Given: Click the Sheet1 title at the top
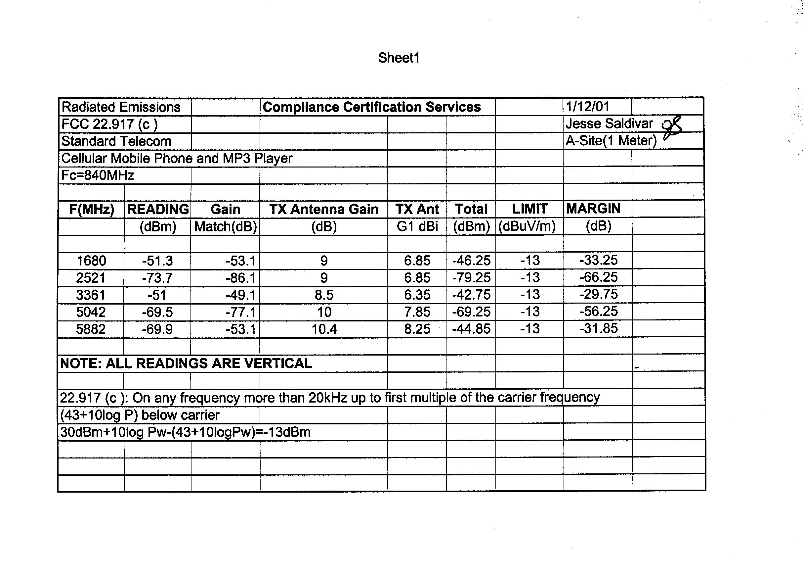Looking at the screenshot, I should (x=399, y=58).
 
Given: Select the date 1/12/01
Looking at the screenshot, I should (x=587, y=106).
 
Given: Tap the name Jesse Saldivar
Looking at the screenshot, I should (x=609, y=123).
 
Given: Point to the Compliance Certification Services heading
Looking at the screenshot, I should (x=371, y=107).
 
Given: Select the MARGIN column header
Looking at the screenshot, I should (x=593, y=208).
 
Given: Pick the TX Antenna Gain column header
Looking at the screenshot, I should (x=323, y=209).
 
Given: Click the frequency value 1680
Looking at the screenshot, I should (x=91, y=261).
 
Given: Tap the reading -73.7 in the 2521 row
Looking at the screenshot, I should (x=157, y=278).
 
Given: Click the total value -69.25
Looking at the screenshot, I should (x=471, y=312).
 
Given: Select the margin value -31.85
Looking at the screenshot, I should (x=598, y=328).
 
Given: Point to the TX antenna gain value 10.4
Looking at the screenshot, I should (x=324, y=329).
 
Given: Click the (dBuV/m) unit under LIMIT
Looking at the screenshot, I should (x=527, y=226).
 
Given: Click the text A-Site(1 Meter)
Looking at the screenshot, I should (x=611, y=141).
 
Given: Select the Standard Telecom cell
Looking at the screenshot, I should (x=116, y=141).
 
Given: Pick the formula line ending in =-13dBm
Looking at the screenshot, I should (x=185, y=432).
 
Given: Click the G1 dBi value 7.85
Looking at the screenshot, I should (x=417, y=312).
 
